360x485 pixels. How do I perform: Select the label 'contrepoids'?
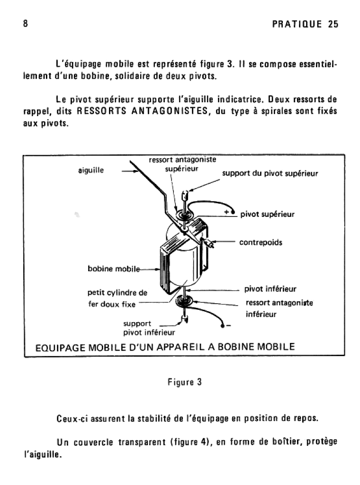coord(261,242)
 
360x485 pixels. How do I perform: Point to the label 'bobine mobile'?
coord(114,269)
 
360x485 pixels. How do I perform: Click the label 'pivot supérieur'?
coord(267,214)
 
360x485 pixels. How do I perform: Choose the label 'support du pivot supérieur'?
coord(270,173)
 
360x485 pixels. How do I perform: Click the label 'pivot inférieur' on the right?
coord(270,289)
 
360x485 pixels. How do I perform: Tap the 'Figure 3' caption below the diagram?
coord(185,382)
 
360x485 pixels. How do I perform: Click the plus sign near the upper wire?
coord(227,211)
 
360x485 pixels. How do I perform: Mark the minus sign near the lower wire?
coord(228,325)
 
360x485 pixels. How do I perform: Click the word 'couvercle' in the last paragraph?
coord(91,442)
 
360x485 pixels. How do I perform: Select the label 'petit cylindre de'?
coord(117,293)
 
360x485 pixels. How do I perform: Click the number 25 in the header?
coord(333,25)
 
